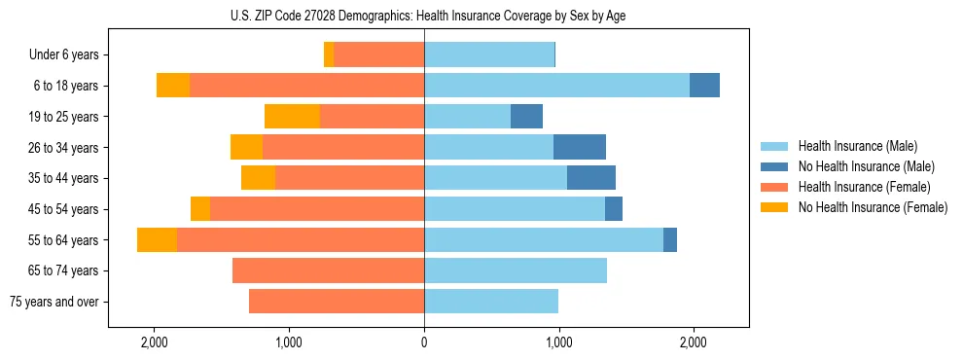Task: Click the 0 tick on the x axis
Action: point(424,342)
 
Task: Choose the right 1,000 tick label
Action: point(558,342)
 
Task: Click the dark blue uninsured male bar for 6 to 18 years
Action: point(704,86)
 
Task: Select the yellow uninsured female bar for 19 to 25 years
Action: point(292,117)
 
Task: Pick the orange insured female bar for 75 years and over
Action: point(337,302)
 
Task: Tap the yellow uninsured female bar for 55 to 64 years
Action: point(157,239)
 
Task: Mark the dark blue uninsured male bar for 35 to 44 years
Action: point(590,178)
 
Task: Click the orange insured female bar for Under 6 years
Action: point(378,55)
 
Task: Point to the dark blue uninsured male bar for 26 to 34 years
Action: point(579,147)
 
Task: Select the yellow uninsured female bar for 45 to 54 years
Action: point(200,209)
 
